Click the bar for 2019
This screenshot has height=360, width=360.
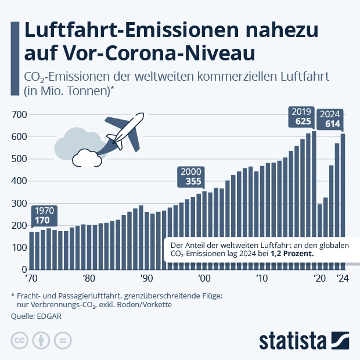pos(314,200)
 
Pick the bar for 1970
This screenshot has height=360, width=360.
pos(32,250)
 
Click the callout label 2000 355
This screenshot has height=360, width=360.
pos(190,177)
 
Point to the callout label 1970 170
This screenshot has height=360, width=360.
pos(44,215)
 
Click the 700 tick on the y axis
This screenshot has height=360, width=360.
pos(20,114)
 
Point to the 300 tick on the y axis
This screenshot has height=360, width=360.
pos(20,203)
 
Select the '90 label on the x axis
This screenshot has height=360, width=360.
pos(146,278)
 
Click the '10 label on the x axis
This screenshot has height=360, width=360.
pos(262,278)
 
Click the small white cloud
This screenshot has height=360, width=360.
pos(86,157)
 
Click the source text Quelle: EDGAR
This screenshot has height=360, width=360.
pos(34,317)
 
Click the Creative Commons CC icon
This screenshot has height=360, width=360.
pos(20,341)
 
